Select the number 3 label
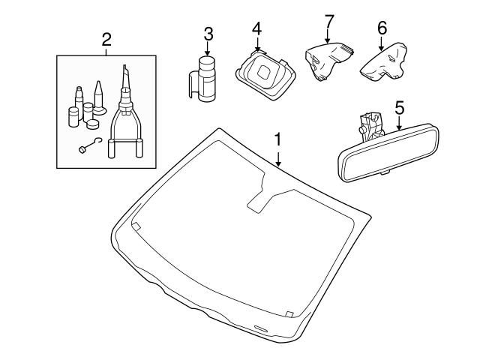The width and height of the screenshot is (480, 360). pyautogui.click(x=208, y=33)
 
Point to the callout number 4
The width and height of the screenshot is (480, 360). pyautogui.click(x=256, y=29)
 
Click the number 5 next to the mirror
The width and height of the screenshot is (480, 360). pyautogui.click(x=399, y=108)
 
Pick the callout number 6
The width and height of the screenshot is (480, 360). pyautogui.click(x=382, y=28)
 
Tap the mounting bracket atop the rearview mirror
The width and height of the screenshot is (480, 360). pyautogui.click(x=368, y=124)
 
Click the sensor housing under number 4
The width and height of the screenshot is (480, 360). pyautogui.click(x=264, y=73)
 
